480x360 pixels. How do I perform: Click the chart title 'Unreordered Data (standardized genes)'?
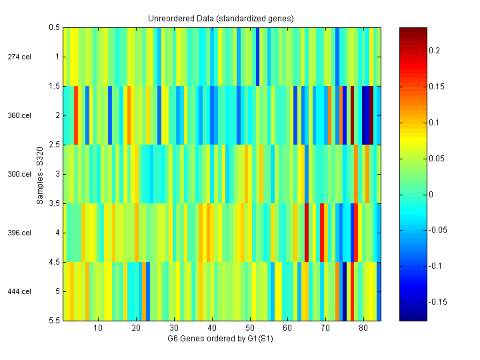pos(221,18)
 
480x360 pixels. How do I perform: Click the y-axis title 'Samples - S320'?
pos(40,174)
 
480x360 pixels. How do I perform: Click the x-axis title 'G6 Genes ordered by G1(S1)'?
pos(221,339)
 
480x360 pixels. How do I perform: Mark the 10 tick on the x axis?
pos(98,328)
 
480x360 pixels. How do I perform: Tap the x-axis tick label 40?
pos(212,328)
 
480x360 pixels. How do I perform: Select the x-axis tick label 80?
pos(363,328)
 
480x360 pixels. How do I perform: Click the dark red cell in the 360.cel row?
pos(352,115)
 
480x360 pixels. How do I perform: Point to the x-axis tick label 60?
pos(287,328)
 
